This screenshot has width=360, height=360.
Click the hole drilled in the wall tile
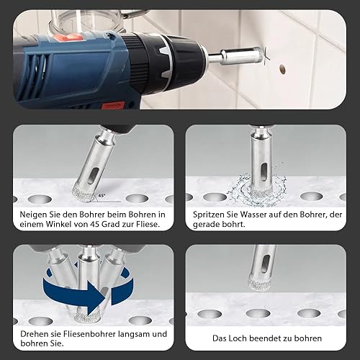click(x=282, y=69)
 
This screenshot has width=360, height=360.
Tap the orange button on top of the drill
click(x=68, y=37)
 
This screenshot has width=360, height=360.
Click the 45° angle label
click(x=102, y=196)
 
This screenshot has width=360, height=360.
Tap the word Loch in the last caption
click(x=238, y=338)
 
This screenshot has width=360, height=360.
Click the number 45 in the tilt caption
click(x=94, y=224)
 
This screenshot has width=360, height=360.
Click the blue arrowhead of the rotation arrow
click(x=96, y=297)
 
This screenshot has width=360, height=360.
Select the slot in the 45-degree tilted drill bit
click(x=93, y=176)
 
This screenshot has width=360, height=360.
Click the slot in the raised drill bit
click(x=265, y=264)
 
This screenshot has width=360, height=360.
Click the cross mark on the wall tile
click(x=265, y=56)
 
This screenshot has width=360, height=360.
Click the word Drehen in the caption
click(x=33, y=334)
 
